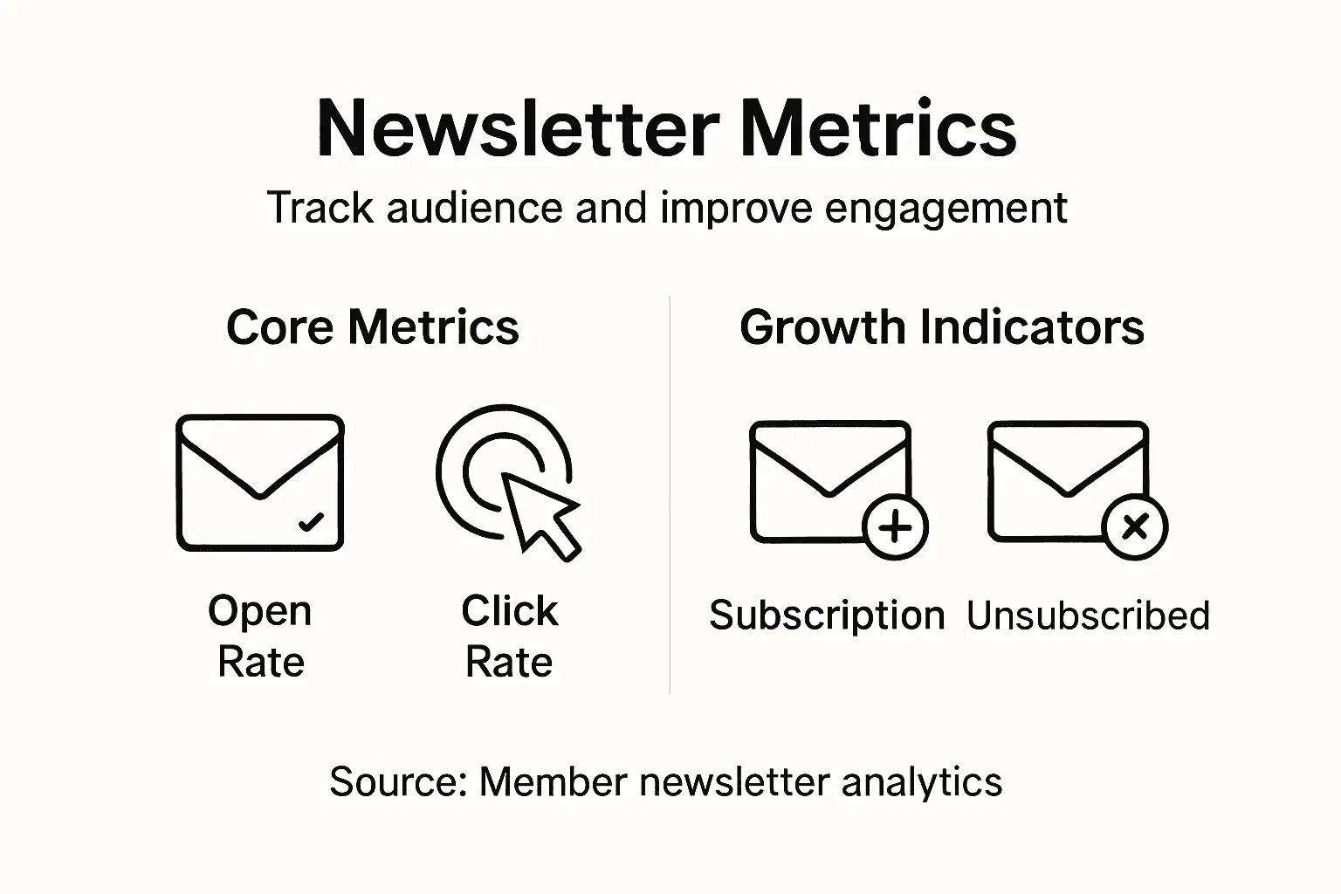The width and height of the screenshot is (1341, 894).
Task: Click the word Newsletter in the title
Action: [517, 129]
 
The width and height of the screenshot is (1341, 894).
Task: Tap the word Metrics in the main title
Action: [877, 129]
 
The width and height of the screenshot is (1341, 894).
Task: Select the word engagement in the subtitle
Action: [946, 208]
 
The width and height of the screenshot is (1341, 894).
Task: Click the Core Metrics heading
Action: [373, 327]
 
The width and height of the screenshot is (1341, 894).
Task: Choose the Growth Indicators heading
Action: [942, 327]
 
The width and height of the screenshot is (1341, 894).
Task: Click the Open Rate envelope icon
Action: [260, 482]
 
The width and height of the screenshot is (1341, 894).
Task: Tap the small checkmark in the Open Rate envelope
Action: [311, 522]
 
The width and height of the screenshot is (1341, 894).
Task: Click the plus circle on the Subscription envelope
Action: [895, 527]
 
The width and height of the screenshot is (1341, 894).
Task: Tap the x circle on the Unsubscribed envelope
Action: [1134, 527]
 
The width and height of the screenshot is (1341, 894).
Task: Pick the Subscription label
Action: [827, 615]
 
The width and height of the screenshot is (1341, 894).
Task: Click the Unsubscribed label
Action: [1088, 615]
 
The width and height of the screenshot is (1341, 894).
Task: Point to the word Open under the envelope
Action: [260, 610]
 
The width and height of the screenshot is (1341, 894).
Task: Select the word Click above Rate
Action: [509, 610]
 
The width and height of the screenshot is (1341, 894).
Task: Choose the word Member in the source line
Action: [554, 781]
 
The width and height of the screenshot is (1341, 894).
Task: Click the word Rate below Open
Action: [260, 662]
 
